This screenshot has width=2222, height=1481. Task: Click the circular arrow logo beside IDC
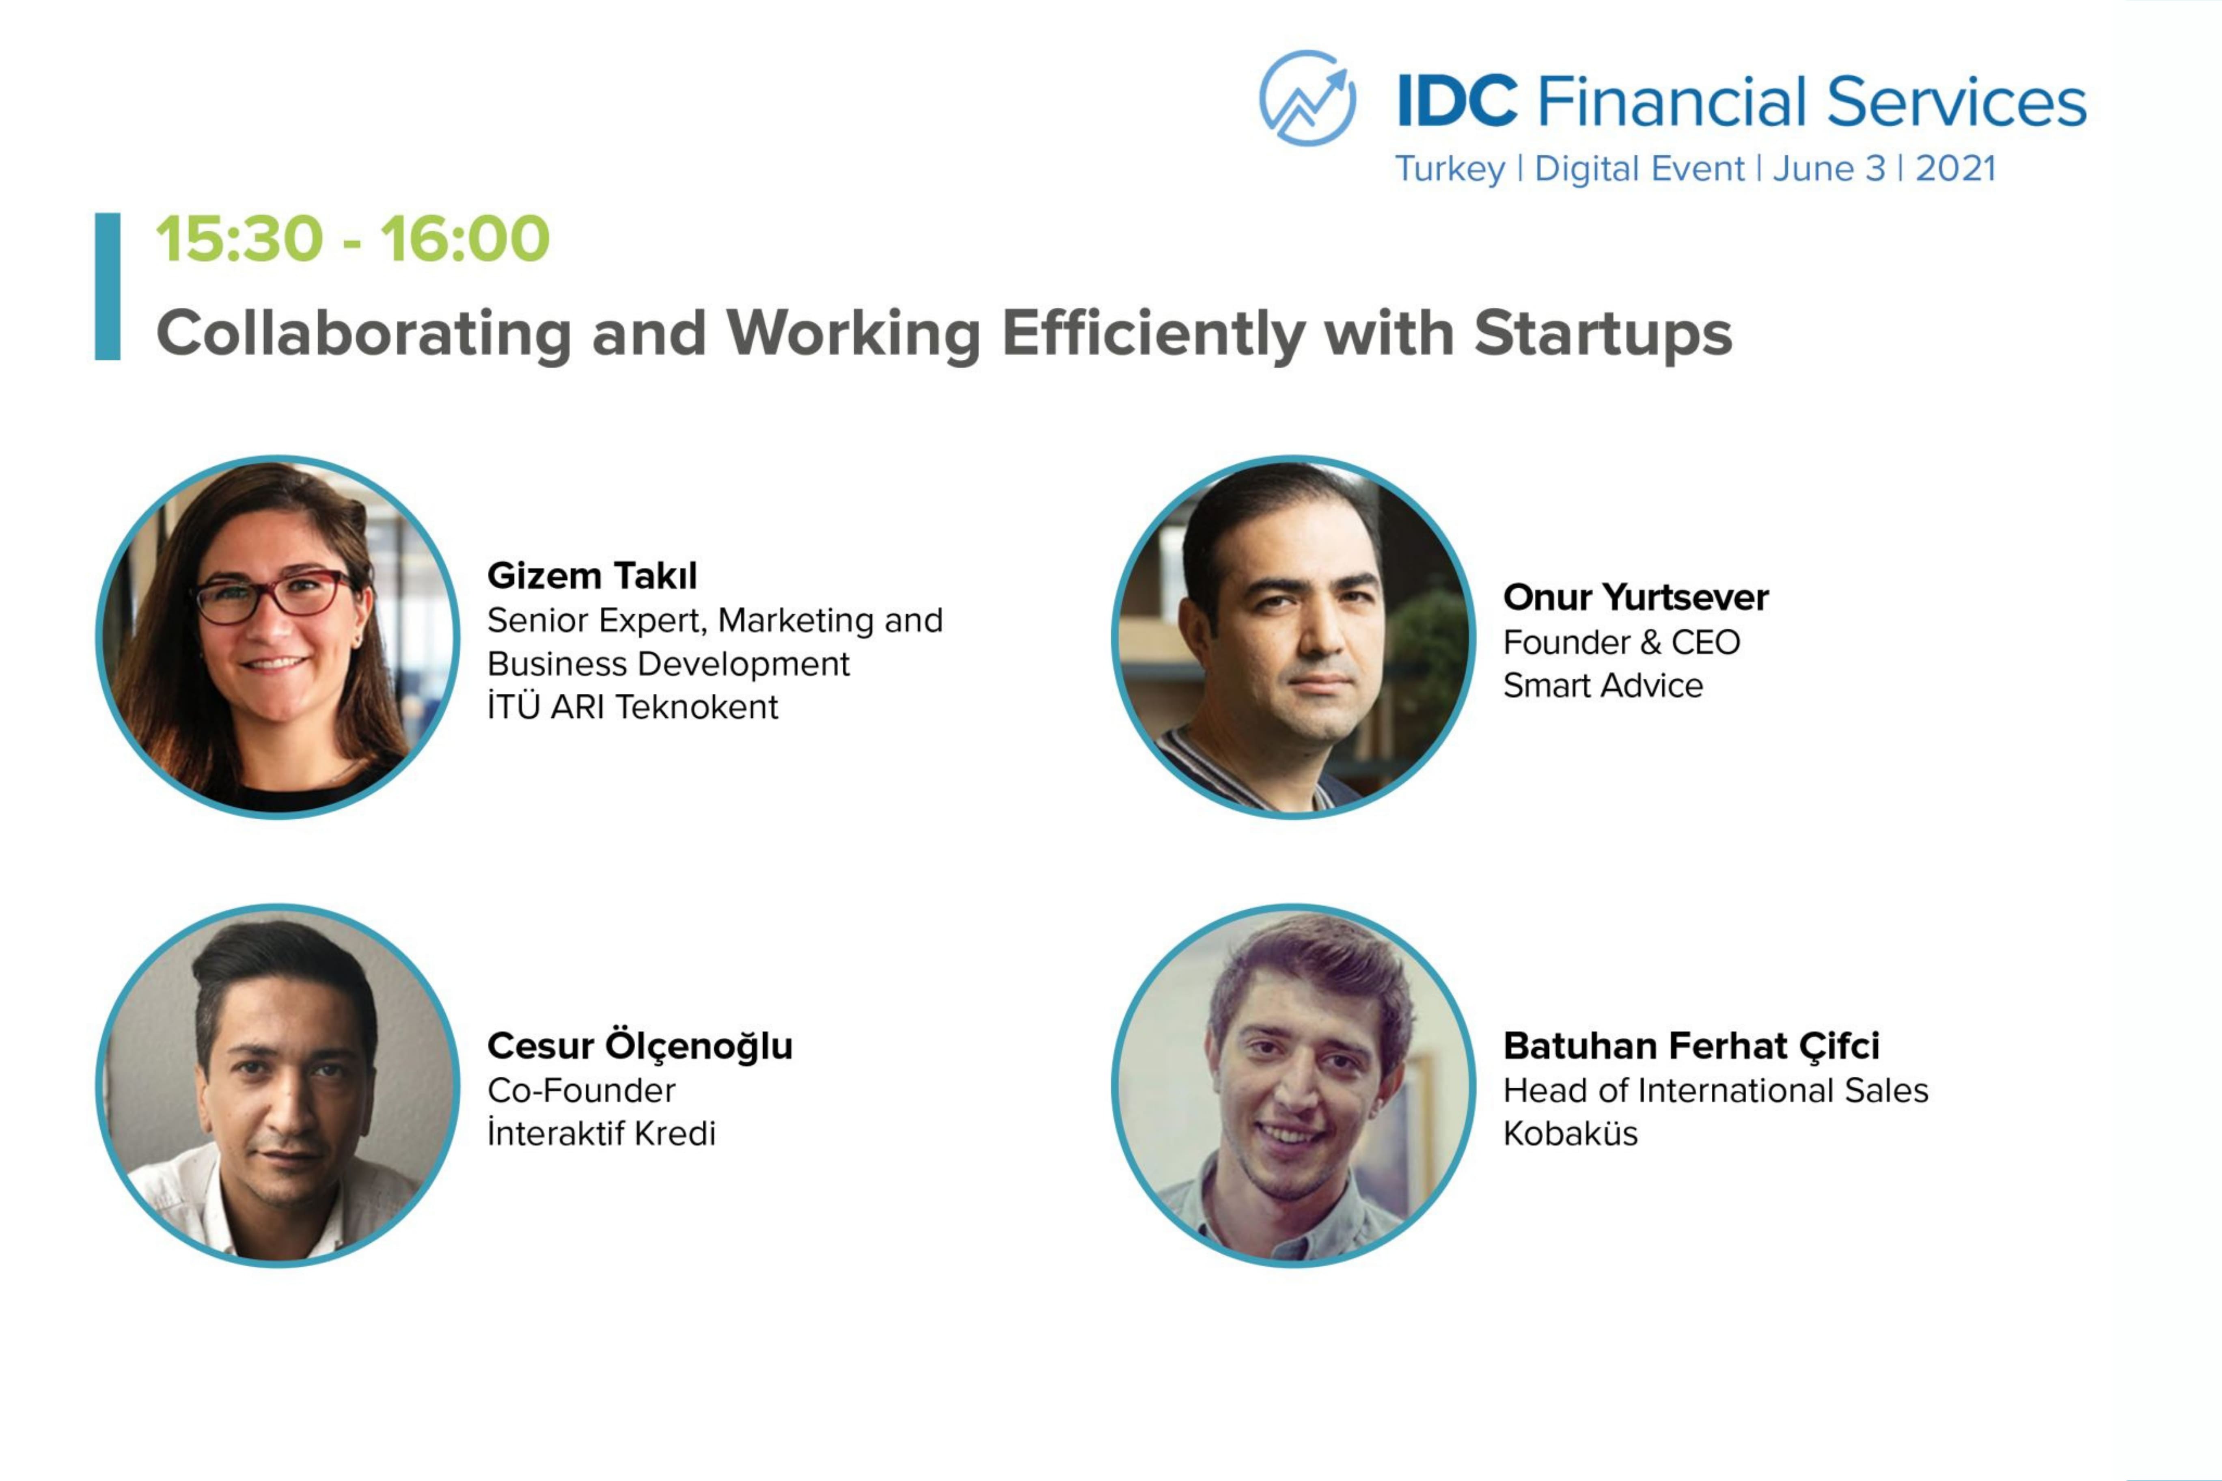1307,98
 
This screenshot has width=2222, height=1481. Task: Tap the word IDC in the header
1457,101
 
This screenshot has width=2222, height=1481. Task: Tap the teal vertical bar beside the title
108,286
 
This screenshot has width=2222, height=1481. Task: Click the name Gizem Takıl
592,575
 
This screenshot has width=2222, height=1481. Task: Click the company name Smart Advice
1603,685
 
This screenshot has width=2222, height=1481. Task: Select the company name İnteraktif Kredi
602,1133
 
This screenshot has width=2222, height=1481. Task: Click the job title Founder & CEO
1621,642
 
